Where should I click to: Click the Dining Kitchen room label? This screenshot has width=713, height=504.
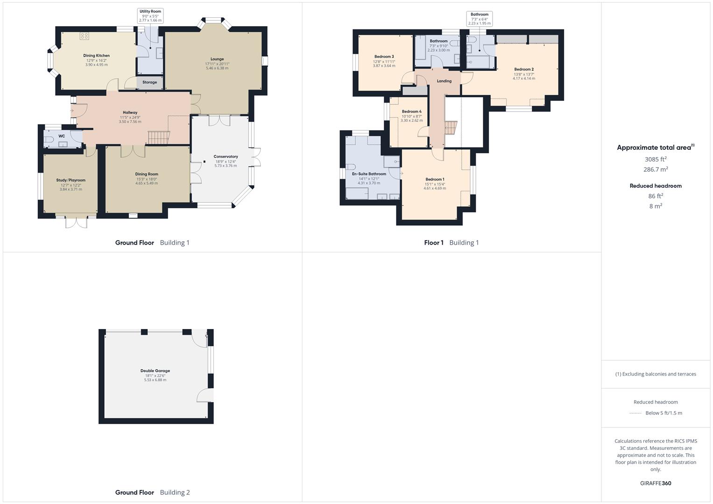tap(96, 56)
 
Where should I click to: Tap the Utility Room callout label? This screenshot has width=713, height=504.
tap(150, 11)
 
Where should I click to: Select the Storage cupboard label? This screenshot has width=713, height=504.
tap(150, 82)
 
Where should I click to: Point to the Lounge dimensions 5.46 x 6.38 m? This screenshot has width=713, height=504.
tap(217, 68)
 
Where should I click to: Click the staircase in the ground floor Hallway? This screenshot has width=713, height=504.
tap(158, 137)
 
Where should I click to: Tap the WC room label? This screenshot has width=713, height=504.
tap(62, 136)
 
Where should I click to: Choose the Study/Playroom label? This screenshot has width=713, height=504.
tap(71, 180)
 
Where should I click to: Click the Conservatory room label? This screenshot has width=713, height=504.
tap(226, 157)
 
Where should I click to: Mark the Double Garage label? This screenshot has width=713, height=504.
tap(155, 371)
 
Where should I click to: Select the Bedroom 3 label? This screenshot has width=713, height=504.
tap(384, 56)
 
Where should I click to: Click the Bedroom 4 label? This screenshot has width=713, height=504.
tap(411, 112)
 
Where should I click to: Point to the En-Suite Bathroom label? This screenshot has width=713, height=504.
tap(369, 174)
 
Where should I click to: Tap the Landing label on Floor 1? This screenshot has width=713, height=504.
tap(444, 81)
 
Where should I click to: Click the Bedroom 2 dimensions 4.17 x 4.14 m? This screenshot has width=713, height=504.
tap(524, 78)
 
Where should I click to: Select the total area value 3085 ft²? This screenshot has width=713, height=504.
tap(655, 159)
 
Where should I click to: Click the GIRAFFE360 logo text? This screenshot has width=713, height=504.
tap(656, 483)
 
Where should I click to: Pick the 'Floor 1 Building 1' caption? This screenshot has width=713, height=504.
tap(451, 243)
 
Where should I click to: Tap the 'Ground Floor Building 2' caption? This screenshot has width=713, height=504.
tap(152, 492)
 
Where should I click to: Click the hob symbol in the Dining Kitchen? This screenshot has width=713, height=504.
tap(84, 35)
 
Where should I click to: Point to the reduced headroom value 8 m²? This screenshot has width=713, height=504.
tap(655, 206)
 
